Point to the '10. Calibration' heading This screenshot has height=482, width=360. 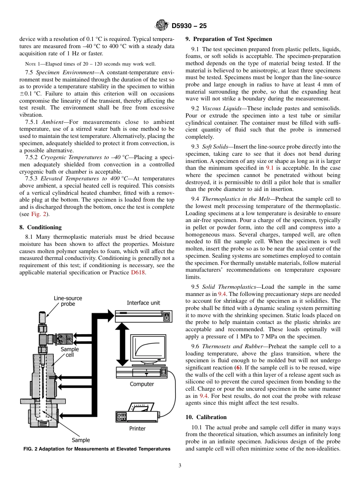pyautogui.click(x=206, y=417)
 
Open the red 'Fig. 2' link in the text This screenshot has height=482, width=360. pyautogui.click(x=39, y=214)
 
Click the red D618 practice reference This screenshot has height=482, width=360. pyautogui.click(x=138, y=272)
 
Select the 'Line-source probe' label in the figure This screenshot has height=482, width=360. pyautogui.click(x=68, y=301)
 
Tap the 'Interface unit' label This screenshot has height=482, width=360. pyautogui.click(x=143, y=303)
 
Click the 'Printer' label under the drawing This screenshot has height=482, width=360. pyautogui.click(x=137, y=429)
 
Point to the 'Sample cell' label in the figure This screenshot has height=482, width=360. pyautogui.click(x=70, y=352)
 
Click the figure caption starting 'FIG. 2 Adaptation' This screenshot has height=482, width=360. pyautogui.click(x=97, y=449)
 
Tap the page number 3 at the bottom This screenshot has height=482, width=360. pyautogui.click(x=180, y=466)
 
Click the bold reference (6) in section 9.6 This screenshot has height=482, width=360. pyautogui.click(x=238, y=368)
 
